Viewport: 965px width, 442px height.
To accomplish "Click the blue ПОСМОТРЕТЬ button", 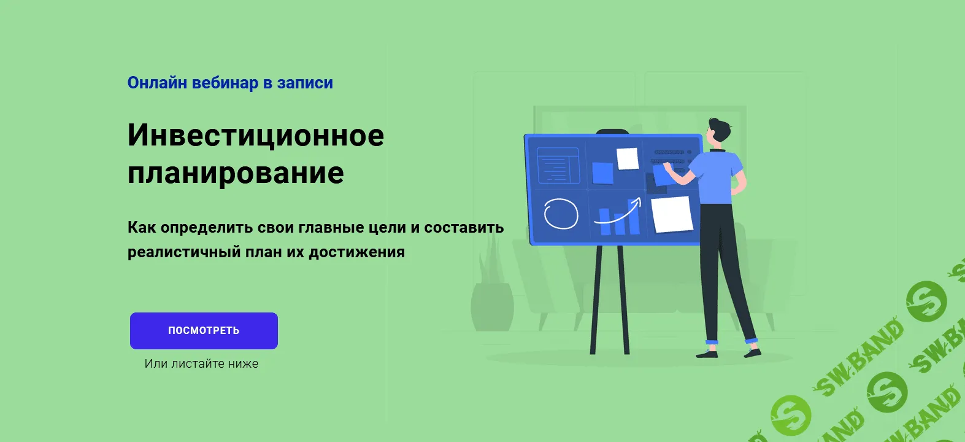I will [204, 331].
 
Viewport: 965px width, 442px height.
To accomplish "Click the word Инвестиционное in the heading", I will [256, 135].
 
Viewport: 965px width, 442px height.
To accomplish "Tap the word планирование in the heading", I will [236, 173].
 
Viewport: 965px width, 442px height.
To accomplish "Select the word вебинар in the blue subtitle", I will [225, 83].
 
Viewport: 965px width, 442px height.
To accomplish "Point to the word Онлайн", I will [157, 83].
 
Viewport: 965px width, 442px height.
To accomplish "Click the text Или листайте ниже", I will [201, 363].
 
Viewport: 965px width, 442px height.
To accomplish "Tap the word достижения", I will [356, 252].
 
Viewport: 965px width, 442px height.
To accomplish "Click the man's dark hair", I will [720, 128].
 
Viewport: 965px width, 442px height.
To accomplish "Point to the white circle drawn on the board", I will [561, 214].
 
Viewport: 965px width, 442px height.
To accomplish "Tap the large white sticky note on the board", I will [672, 214].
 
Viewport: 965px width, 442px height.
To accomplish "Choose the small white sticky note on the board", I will [628, 158].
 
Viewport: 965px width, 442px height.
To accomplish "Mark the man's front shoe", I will [707, 354].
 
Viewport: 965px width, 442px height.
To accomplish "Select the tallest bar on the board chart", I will [633, 217].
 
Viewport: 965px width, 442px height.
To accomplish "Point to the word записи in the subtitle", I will [305, 83].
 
